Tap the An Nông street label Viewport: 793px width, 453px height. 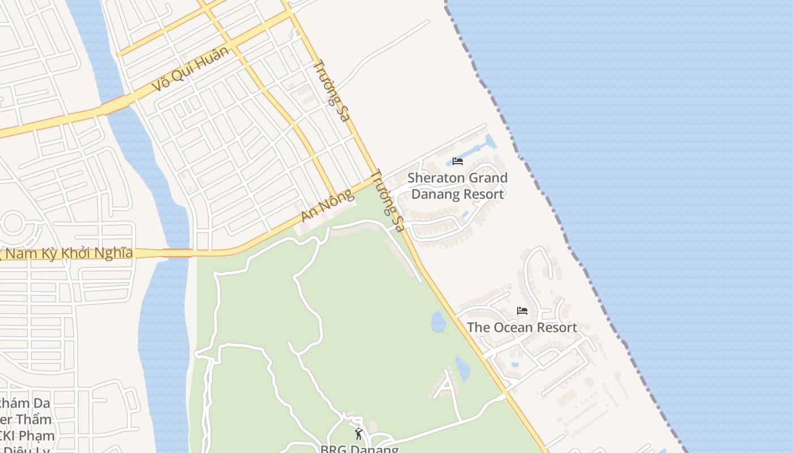pos(327,206)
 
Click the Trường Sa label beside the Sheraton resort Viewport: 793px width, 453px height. pos(388,201)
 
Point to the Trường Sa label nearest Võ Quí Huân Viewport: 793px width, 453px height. pos(331,91)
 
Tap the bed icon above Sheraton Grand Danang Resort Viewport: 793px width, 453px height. pos(458,161)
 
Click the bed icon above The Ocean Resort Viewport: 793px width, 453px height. pos(522,311)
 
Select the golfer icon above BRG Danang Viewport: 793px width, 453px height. pos(358,434)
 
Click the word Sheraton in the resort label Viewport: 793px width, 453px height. pos(433,178)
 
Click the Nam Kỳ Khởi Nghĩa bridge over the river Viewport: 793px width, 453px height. pos(177,253)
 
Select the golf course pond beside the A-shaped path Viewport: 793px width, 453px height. pos(463,369)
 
